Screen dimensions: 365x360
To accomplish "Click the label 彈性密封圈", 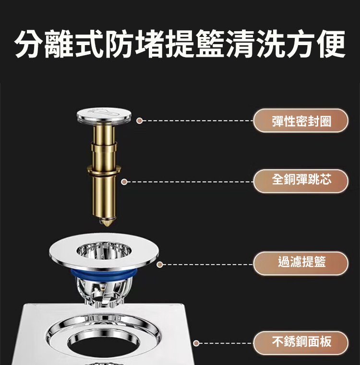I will [301, 120].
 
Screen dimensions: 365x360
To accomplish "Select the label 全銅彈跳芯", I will [301, 181].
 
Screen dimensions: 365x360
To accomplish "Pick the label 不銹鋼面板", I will [301, 342].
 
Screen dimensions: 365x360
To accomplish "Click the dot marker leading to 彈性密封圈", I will [139, 120].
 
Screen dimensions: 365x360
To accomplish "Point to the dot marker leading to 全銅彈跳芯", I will [124, 181].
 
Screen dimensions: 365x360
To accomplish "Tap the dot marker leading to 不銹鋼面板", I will [196, 343].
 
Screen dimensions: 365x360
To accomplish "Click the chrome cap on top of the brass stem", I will [104, 115].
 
